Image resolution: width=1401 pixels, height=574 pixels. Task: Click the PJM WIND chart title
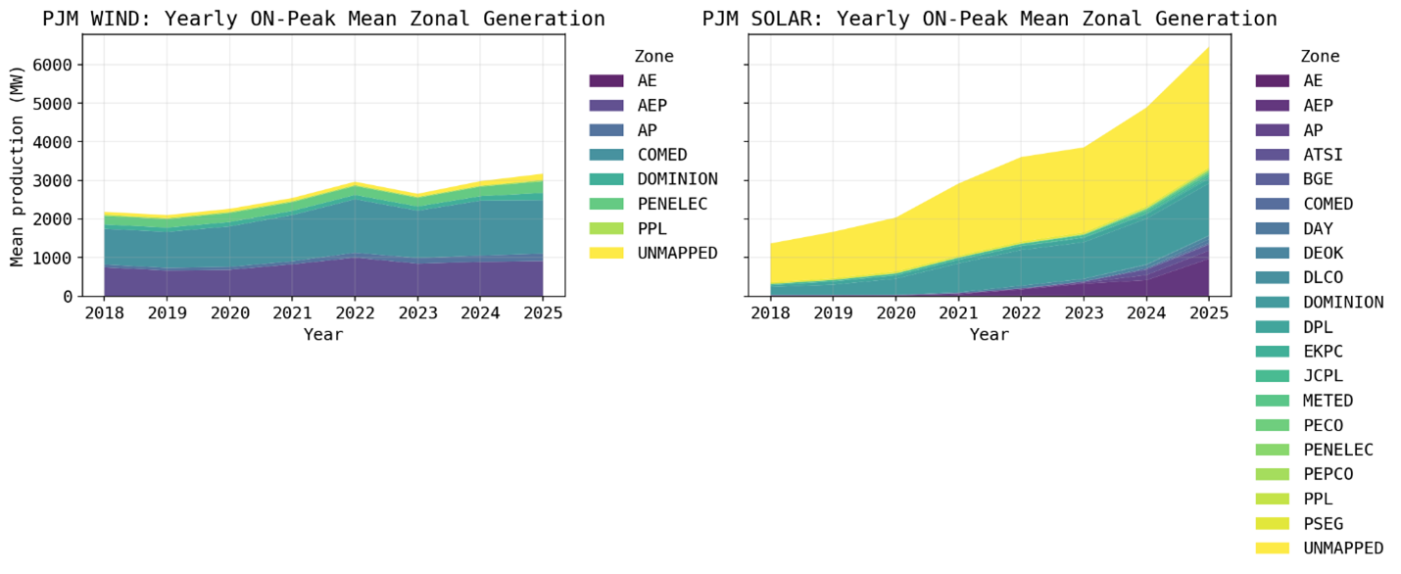coord(323,19)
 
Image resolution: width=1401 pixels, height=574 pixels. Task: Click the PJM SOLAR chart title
coord(990,19)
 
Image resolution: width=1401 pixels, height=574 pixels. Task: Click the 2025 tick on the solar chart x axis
coord(1208,315)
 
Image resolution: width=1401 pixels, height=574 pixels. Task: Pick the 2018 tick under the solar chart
coord(771,315)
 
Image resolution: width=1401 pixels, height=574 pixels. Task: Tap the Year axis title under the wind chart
coord(323,335)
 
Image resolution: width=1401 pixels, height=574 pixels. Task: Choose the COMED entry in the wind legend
coord(662,155)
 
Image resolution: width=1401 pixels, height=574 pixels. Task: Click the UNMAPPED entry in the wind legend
coord(677,253)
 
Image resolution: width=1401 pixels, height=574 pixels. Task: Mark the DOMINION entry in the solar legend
coord(1343,302)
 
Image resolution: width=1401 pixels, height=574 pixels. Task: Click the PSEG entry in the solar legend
coord(1324,523)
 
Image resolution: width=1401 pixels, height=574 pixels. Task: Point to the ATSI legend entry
coord(1324,155)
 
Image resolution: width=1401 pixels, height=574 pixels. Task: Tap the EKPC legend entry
coord(1324,351)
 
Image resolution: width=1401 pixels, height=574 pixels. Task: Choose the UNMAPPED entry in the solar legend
coord(1343,548)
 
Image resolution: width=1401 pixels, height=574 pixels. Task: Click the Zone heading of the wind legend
coord(653,57)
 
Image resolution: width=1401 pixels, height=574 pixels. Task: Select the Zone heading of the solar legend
coord(1320,57)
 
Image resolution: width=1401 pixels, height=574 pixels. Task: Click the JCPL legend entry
coord(1324,375)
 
